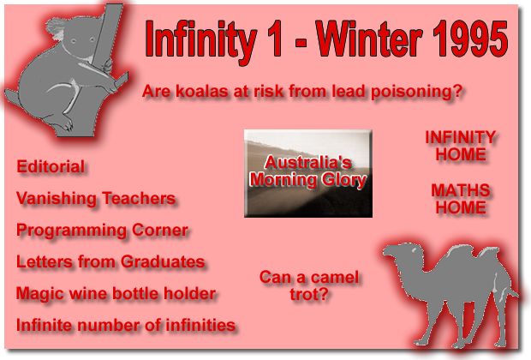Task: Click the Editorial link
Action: click(51, 166)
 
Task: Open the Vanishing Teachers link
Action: click(96, 198)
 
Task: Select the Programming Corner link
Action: click(102, 231)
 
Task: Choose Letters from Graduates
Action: click(110, 261)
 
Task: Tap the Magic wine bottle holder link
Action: click(116, 293)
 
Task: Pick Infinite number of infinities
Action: click(126, 325)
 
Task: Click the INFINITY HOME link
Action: click(461, 146)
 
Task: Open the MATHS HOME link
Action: click(461, 199)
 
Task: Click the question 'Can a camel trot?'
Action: click(309, 285)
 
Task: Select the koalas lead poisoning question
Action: click(302, 91)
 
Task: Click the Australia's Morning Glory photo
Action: click(308, 173)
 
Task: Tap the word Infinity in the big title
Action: click(201, 41)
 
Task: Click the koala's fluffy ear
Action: click(56, 28)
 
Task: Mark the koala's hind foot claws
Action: click(68, 124)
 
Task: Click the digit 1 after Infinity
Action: click(275, 39)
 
